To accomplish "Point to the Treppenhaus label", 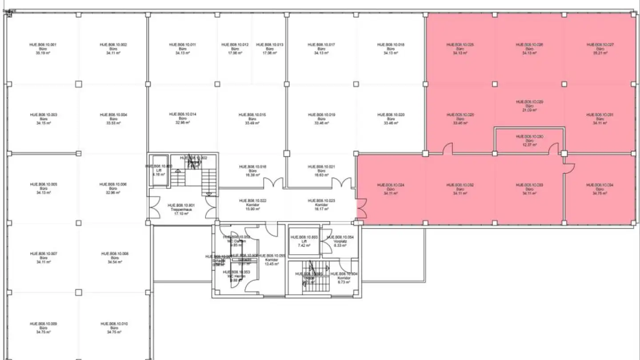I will (x=179, y=209).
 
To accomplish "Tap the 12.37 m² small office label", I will (x=529, y=140).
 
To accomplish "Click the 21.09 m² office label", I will (x=529, y=106).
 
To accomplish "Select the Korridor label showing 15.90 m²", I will (x=252, y=205).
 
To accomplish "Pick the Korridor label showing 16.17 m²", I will (x=321, y=205).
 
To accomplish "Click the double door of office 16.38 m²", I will (x=273, y=183).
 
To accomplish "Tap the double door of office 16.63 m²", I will (x=342, y=183).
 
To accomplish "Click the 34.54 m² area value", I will (x=115, y=262).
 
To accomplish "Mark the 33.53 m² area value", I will (x=114, y=123).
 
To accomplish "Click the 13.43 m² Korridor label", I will (x=272, y=260).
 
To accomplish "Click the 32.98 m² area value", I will (x=182, y=123).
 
